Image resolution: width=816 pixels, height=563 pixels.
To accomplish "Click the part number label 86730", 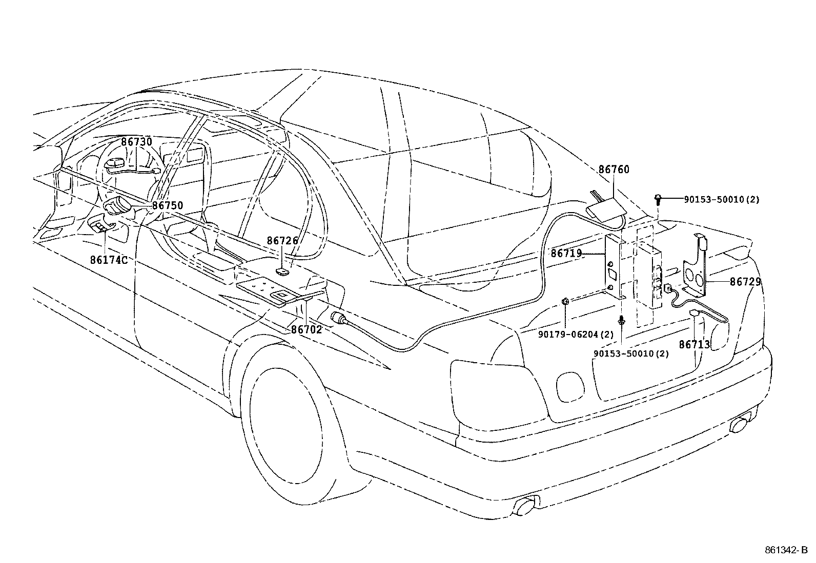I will (136, 142).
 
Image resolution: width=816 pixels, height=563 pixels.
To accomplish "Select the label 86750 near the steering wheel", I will (168, 205).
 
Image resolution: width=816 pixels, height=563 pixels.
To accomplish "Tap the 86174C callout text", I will (109, 260).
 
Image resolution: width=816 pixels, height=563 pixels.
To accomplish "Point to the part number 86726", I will (282, 240).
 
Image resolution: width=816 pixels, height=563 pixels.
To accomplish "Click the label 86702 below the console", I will (307, 329).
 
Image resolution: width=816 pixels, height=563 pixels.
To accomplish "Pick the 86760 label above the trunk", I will (614, 170).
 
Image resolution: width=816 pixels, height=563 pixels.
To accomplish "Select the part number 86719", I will (566, 253).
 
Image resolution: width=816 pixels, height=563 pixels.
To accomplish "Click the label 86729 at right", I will (745, 282).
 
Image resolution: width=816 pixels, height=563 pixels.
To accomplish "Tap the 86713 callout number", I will (695, 345).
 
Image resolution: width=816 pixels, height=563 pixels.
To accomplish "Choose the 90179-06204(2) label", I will (576, 335).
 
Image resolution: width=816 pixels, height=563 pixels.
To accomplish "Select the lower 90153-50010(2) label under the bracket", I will (631, 353).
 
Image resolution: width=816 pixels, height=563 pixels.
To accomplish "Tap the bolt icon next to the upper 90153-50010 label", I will (659, 199).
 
